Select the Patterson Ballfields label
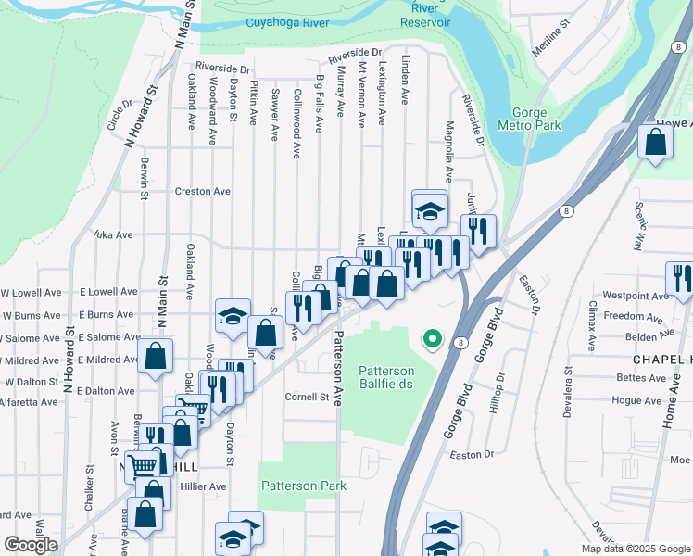(386, 377)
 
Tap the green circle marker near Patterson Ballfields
(432, 339)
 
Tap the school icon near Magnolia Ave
(430, 209)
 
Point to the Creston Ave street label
(203, 192)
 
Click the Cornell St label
(308, 397)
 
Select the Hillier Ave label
(204, 486)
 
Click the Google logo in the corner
(31, 545)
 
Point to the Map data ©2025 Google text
(635, 549)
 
